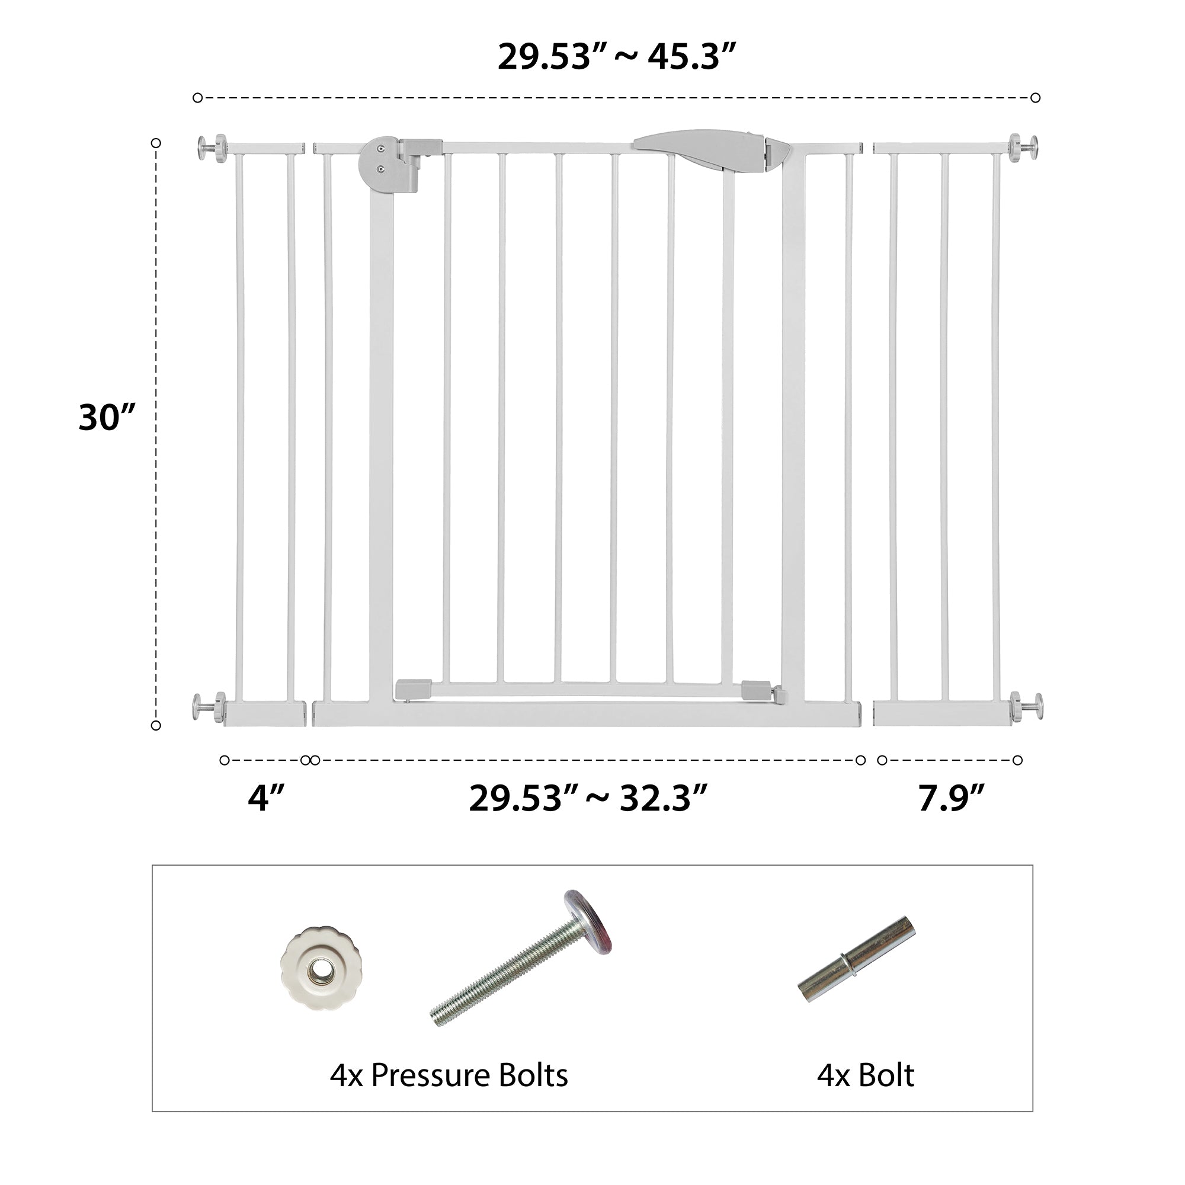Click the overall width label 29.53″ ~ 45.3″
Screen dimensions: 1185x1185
pyautogui.click(x=616, y=57)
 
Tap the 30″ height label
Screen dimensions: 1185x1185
pyautogui.click(x=106, y=417)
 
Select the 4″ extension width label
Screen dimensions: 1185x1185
pyautogui.click(x=266, y=798)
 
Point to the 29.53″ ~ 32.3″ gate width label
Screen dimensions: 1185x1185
pyautogui.click(x=588, y=798)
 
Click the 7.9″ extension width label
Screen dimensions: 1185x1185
pyautogui.click(x=951, y=798)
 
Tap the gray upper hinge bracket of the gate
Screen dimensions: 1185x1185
pyautogui.click(x=399, y=165)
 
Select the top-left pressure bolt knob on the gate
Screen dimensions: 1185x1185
pyautogui.click(x=212, y=148)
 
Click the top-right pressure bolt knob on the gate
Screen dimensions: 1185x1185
pyautogui.click(x=1024, y=148)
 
